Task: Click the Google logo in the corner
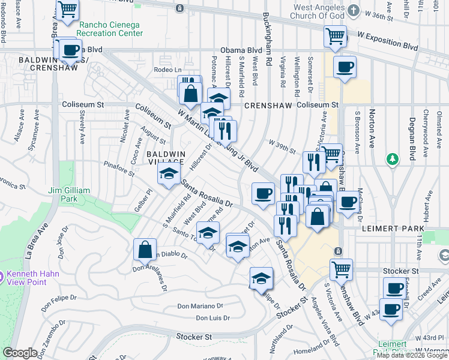(x=20, y=353)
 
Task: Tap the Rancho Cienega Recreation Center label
(x=110, y=29)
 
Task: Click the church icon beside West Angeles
(x=354, y=11)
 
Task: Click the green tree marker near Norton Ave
(x=393, y=159)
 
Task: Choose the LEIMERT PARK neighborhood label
(x=393, y=229)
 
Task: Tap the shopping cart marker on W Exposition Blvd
(x=335, y=35)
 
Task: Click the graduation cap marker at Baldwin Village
(x=169, y=174)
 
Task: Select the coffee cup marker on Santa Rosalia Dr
(x=263, y=194)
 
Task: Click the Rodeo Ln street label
(x=167, y=70)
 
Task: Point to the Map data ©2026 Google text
(x=412, y=355)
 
